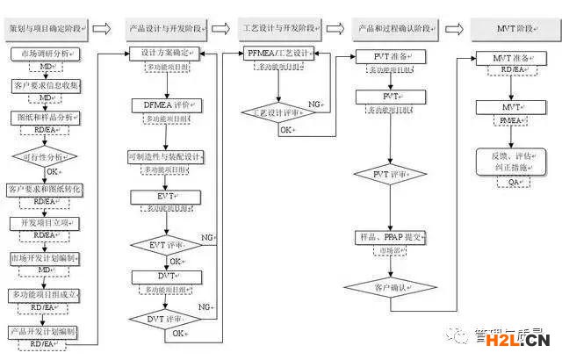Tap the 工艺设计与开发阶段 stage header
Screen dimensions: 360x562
pos(282,28)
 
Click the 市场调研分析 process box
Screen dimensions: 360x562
pos(46,54)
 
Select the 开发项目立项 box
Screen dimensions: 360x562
pos(46,223)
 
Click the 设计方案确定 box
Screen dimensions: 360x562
pos(171,54)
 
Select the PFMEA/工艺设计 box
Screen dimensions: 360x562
pos(279,54)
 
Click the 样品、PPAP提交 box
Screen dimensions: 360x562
pos(393,238)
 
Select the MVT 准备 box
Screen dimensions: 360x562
pos(513,57)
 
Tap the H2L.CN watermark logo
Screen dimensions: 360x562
pos(525,340)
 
